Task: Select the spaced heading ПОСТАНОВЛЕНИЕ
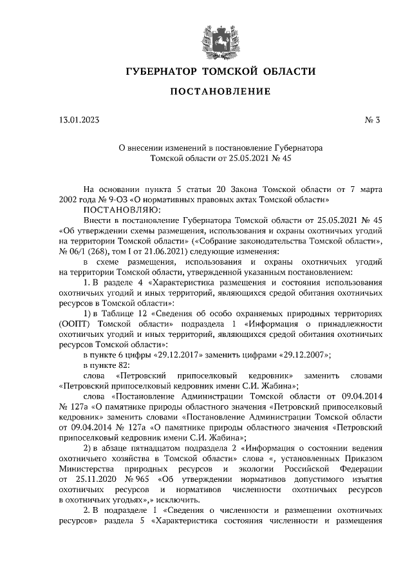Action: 220,91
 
